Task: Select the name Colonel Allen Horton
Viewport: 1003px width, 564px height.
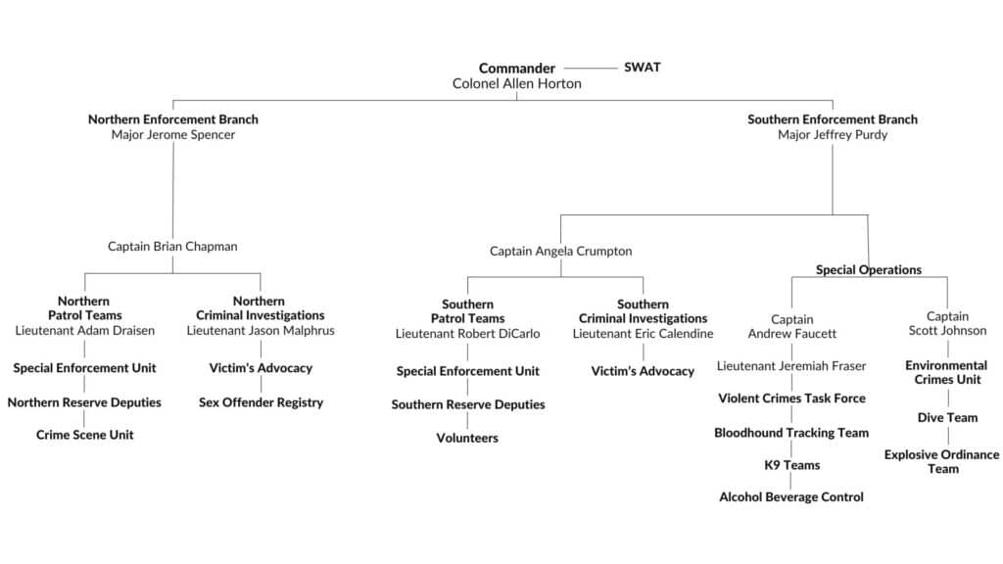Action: pos(516,84)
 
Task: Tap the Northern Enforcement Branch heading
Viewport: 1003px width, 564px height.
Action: pos(173,119)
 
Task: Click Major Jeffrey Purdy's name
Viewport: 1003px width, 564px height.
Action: pos(833,135)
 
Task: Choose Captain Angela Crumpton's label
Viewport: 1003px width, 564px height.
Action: pos(560,252)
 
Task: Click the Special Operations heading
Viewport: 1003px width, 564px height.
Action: pos(868,270)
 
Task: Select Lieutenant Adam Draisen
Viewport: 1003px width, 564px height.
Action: pos(84,331)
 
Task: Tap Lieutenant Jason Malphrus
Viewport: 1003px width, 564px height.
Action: pos(261,331)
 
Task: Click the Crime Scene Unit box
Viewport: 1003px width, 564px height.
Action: pos(84,435)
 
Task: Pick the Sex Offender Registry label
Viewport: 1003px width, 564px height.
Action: pos(261,402)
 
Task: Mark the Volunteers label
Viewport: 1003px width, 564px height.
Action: pos(467,439)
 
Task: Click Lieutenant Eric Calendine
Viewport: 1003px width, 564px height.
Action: pos(643,334)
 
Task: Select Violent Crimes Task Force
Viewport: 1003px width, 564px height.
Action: pos(791,399)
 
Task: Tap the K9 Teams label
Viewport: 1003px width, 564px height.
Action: pos(791,465)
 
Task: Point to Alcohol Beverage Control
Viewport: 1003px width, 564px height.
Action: pos(791,497)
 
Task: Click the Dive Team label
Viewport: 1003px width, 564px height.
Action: pos(946,418)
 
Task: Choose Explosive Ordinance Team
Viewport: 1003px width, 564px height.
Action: pos(942,461)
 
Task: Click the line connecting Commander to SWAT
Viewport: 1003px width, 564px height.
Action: pos(590,69)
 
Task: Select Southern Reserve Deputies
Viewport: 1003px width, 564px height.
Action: pos(467,405)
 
